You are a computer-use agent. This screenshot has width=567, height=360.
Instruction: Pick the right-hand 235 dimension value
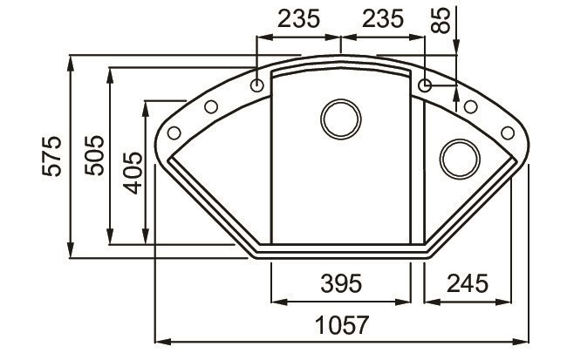point(380,18)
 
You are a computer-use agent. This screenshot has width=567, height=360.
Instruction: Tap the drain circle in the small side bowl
point(458,158)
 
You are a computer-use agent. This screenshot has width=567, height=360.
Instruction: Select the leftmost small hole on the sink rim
point(174,132)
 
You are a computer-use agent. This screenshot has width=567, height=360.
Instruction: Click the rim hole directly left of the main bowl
point(257,85)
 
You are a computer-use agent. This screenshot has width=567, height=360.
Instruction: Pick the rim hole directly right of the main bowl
point(425,85)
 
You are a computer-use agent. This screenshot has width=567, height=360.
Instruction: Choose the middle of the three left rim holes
point(211,107)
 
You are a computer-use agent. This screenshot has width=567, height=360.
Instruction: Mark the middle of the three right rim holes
point(470,107)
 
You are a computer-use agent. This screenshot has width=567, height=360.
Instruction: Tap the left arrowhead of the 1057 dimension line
point(158,340)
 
